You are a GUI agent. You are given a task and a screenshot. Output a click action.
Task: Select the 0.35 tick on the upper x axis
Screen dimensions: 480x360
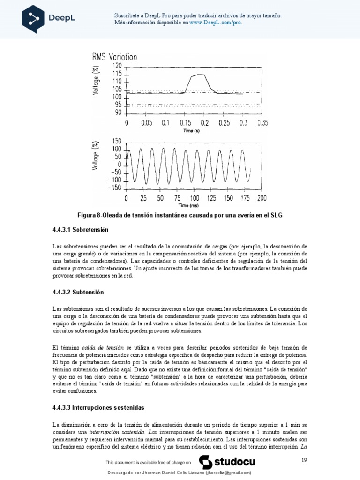(x=262, y=123)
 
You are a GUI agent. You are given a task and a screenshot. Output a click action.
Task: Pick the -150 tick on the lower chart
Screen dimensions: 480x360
(x=114, y=188)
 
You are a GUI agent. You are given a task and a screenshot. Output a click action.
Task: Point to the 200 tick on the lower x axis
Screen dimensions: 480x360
(x=262, y=198)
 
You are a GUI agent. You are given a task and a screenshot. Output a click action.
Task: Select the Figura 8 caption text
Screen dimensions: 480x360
(x=181, y=215)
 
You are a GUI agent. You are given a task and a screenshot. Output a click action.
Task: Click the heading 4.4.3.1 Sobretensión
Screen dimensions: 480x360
(x=80, y=230)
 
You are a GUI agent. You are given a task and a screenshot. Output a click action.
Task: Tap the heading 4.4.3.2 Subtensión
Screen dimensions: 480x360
(x=78, y=292)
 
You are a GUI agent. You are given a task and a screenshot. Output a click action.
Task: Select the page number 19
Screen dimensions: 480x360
(x=303, y=461)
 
